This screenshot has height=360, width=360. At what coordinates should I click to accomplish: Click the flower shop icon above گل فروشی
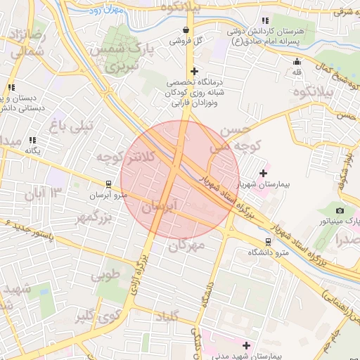click(x=186, y=30)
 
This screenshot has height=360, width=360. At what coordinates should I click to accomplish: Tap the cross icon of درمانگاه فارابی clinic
click(x=195, y=71)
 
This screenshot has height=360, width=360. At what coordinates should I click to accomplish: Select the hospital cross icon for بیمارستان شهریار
click(x=264, y=172)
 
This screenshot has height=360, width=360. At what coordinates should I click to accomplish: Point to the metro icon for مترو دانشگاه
click(x=269, y=240)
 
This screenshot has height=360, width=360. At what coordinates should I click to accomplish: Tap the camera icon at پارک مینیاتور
click(x=340, y=210)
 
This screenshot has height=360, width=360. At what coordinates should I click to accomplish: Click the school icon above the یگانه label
click(x=32, y=140)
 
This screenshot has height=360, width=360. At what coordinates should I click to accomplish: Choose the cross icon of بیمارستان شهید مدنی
click(x=246, y=345)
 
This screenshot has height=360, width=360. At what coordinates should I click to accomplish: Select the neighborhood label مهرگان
click(x=187, y=245)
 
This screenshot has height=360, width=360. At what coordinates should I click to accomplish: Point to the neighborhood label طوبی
click(x=107, y=274)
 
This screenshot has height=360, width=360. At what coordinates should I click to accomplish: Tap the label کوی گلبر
click(x=95, y=316)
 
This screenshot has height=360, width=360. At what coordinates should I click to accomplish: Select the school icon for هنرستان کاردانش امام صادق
click(x=264, y=21)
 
